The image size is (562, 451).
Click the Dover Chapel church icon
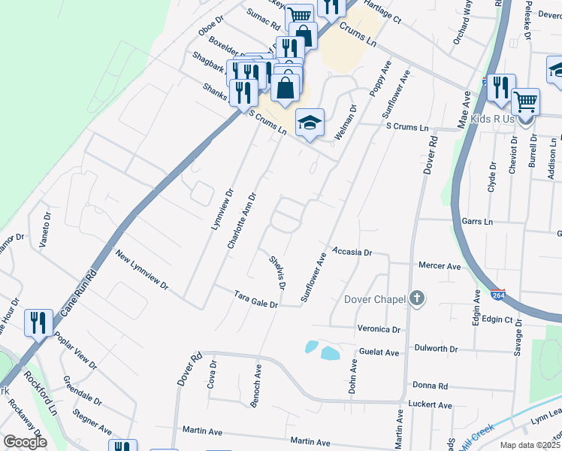tap(417, 299)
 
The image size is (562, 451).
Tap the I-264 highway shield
tap(497, 294)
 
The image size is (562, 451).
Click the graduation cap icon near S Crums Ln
tap(309, 123)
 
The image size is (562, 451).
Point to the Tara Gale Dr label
tap(255, 299)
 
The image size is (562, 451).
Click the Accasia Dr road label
tap(352, 253)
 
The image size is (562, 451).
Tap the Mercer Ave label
tap(439, 266)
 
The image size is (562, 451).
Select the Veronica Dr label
tap(380, 329)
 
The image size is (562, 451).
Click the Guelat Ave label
tap(379, 352)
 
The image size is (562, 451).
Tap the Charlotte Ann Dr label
tap(242, 221)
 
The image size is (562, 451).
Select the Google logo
tap(25, 441)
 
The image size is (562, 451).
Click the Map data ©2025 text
tap(529, 445)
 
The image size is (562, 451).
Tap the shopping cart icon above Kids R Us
tap(525, 100)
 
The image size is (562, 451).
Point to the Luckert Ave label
tap(431, 405)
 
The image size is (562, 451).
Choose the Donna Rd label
tap(431, 386)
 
